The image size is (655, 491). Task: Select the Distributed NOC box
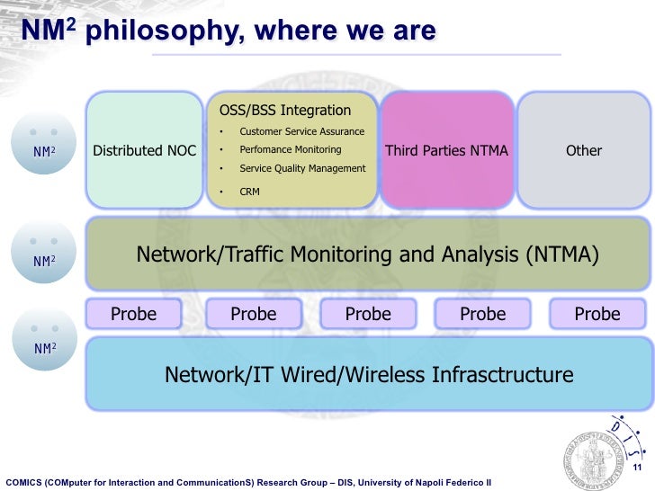[144, 150]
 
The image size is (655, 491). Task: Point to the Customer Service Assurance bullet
[301, 132]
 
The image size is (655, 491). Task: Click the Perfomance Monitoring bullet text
[290, 149]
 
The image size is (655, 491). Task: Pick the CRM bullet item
[249, 192]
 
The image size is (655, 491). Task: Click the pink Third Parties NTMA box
[446, 150]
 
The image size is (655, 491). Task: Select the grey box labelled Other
[583, 150]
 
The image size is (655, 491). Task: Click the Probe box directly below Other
[597, 314]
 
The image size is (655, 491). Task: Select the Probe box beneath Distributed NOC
[133, 314]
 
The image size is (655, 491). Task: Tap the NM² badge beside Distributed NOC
[44, 151]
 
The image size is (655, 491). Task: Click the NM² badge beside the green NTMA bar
[44, 261]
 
